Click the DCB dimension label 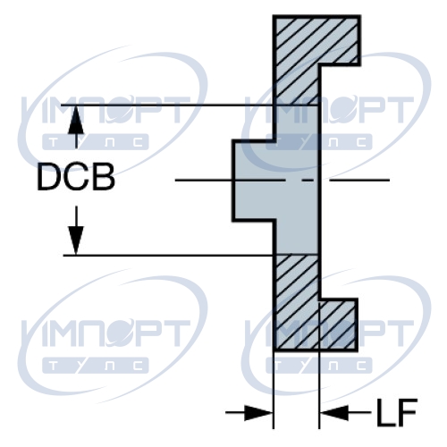click(76, 177)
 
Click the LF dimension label click(397, 413)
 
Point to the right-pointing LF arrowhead click(258, 413)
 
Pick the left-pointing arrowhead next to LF click(333, 413)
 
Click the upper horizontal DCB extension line click(190, 105)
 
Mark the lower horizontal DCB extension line click(190, 256)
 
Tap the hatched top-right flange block click(338, 40)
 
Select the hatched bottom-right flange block click(337, 325)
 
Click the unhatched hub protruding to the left click(253, 181)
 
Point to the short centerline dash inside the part click(308, 180)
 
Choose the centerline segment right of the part click(359, 180)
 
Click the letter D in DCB click(48, 177)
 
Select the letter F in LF click(407, 413)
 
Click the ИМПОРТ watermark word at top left click(106, 109)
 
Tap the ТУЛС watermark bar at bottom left click(96, 366)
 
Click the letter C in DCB click(77, 177)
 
